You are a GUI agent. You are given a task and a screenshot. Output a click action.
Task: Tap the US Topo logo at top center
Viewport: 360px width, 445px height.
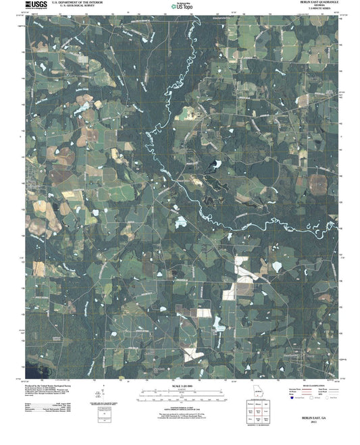point(179,5)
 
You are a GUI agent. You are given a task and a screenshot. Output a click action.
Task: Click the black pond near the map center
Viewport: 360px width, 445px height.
point(216,164)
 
